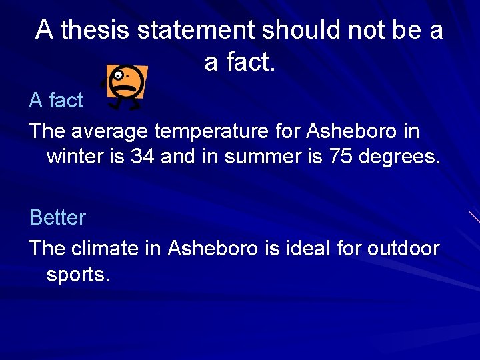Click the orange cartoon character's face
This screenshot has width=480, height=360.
pyautogui.click(x=127, y=82)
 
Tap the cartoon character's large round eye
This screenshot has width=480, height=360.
pyautogui.click(x=119, y=75)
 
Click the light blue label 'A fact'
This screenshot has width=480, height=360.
pyautogui.click(x=56, y=101)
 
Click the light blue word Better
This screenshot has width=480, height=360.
pyautogui.click(x=57, y=218)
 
